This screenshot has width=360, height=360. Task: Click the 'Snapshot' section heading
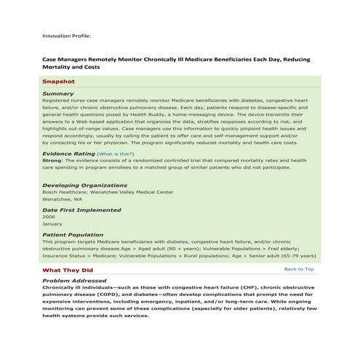pos(58,82)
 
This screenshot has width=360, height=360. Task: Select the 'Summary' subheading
pos(57,94)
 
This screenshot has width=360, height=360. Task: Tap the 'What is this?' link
pos(116,154)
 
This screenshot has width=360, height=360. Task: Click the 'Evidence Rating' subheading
pos(68,154)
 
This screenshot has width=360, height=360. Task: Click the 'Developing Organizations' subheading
pos(79,185)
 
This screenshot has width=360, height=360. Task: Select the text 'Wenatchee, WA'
pos(62,199)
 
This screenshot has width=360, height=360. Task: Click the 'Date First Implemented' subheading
pos(81,210)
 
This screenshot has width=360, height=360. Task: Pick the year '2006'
pos(49,217)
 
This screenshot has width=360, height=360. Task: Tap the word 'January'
pos(52,224)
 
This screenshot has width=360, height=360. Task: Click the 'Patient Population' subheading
pos(73,235)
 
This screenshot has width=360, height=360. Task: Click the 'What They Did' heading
pos(68,270)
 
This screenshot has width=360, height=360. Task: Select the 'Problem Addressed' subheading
pos(74,281)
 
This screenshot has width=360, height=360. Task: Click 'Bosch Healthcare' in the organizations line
pos(62,192)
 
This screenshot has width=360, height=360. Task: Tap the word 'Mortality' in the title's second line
pos(60,67)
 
